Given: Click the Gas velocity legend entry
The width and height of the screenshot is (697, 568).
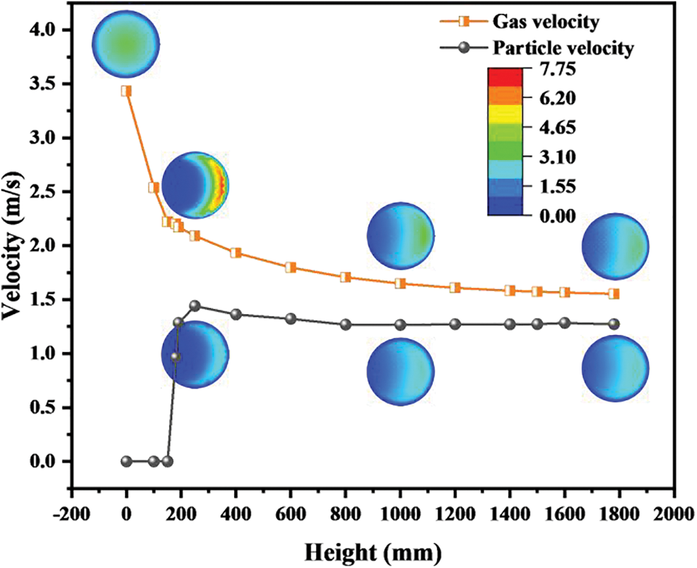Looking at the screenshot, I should [x=542, y=22].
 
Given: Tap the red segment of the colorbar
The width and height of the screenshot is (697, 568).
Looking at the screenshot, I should [x=505, y=76].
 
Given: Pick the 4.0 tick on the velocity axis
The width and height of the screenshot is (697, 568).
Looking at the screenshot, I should [x=45, y=30].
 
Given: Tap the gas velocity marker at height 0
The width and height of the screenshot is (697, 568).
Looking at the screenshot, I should [x=126, y=91].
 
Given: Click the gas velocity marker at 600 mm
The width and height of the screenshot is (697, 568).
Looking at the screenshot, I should [x=291, y=267].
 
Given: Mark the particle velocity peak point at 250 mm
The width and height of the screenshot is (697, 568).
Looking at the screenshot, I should [x=195, y=306].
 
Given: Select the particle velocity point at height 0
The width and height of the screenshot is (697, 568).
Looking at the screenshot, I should [x=126, y=461].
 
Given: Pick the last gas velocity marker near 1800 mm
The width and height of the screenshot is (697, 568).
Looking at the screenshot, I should [x=614, y=294].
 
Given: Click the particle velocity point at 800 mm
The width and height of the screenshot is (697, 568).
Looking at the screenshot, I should [x=345, y=325].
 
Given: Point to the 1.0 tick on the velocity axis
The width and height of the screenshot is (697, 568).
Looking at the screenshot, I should [x=45, y=354].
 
